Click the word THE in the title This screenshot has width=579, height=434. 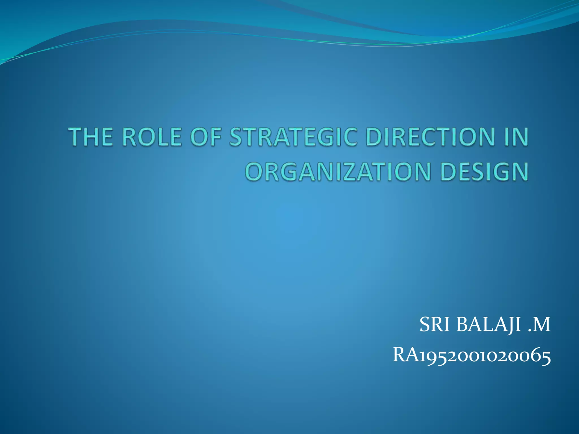coord(91,137)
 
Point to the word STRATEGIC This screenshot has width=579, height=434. coord(293,137)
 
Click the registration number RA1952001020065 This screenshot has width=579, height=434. coord(472,355)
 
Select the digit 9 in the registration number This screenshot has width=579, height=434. coord(429,357)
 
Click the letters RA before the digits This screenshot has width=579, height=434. coord(406,355)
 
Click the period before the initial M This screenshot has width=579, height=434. coord(530,331)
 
